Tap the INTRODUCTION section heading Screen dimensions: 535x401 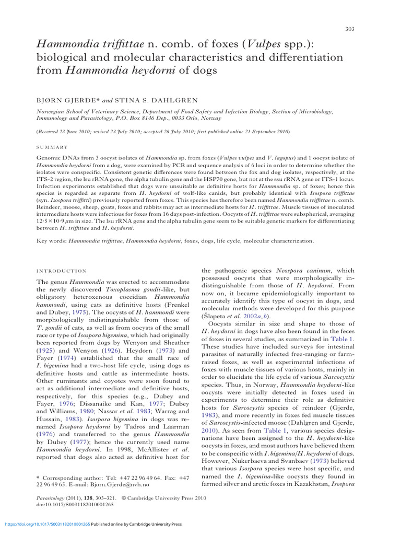pyautogui.click(x=61, y=271)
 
